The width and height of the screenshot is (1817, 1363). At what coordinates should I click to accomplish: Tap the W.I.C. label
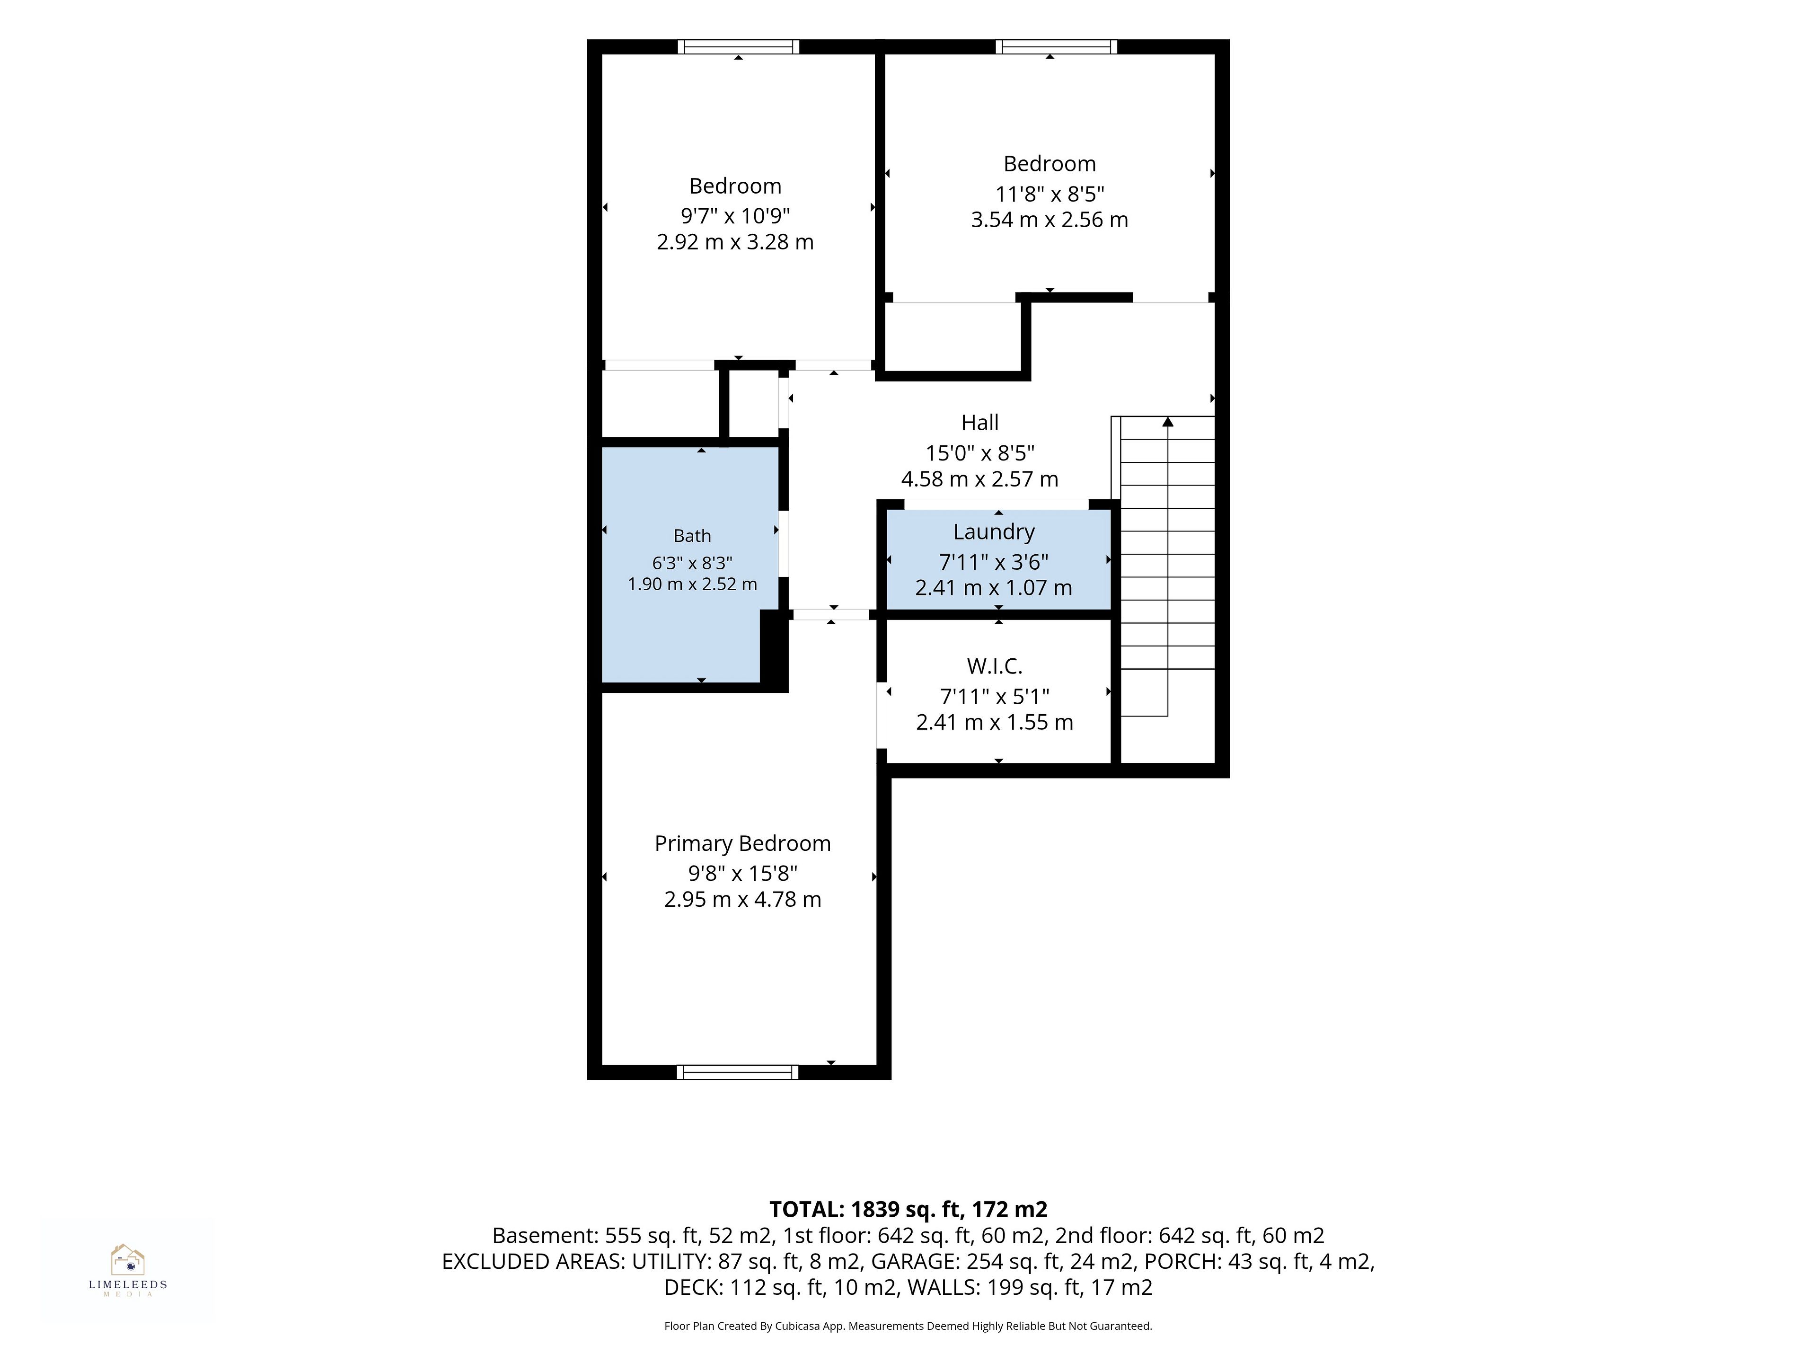994,666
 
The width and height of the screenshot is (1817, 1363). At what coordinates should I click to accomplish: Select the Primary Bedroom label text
742,844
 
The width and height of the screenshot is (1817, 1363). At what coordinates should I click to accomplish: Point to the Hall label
980,423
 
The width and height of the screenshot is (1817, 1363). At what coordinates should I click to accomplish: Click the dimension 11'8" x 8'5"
1050,195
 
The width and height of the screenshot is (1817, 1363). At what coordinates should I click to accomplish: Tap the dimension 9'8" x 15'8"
742,873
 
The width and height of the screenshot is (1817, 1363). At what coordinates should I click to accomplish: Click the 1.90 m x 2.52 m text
692,584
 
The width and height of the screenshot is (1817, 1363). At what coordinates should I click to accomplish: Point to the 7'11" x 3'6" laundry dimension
994,562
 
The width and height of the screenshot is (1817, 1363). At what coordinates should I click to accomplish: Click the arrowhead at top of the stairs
1167,422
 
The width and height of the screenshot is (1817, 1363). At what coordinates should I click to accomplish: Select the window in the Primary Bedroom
738,1071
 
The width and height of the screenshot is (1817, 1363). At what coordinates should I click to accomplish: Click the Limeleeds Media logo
127,1269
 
